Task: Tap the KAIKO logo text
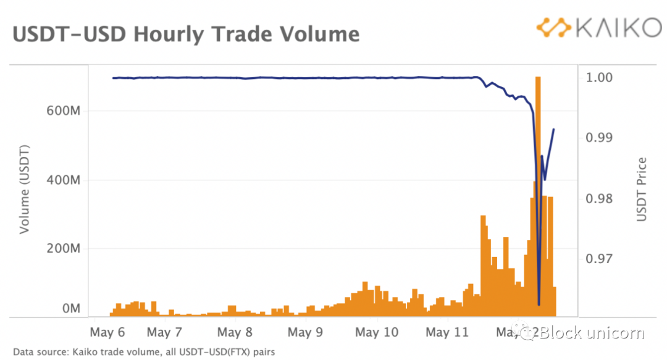(609, 28)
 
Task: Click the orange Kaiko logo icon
(553, 28)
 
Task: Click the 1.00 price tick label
(599, 78)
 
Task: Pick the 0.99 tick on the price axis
(599, 137)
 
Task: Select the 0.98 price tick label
(599, 198)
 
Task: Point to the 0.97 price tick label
(599, 258)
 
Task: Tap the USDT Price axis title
(642, 190)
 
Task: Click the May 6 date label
(107, 333)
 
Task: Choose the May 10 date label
(377, 333)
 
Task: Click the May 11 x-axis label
(448, 333)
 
